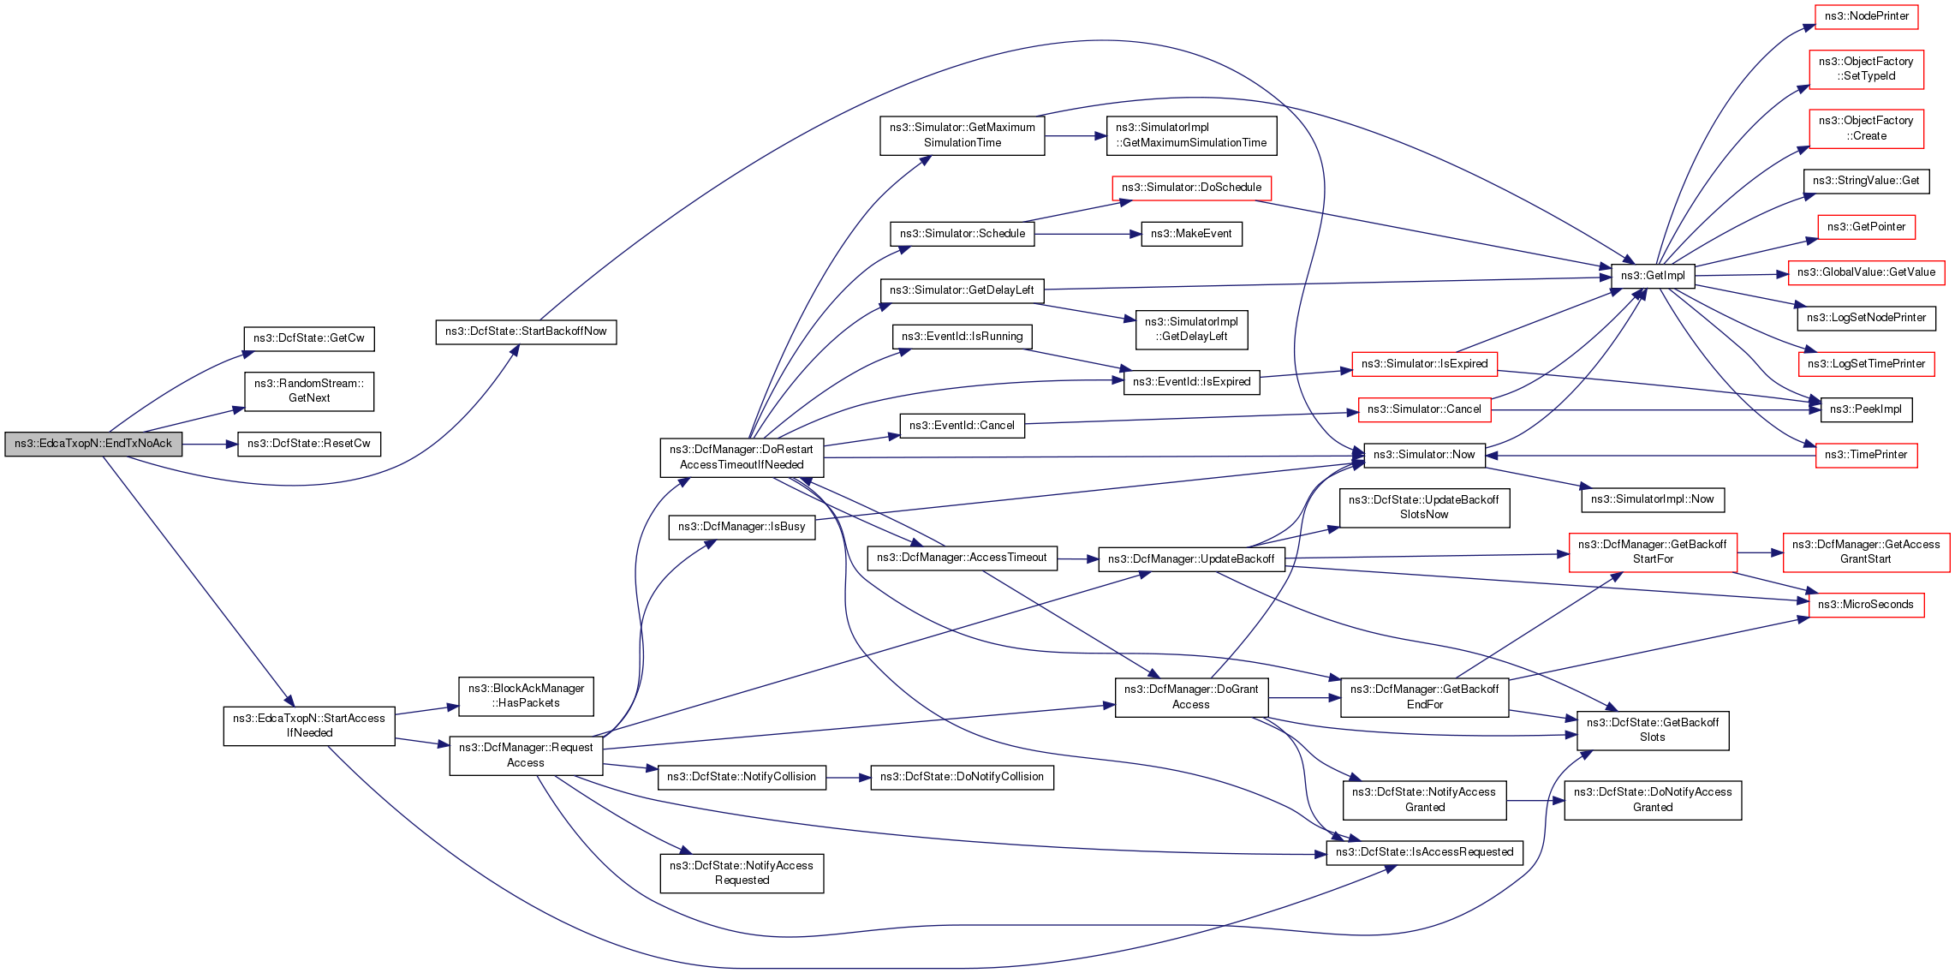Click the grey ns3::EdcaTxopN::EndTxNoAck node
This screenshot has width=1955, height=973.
[x=93, y=444]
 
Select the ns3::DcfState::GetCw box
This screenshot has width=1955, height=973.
[x=308, y=338]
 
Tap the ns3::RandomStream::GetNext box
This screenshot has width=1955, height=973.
[x=308, y=391]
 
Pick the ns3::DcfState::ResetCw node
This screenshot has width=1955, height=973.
[x=308, y=444]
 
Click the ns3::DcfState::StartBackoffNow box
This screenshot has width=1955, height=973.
[x=526, y=331]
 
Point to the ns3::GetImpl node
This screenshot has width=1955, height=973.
[x=1653, y=276]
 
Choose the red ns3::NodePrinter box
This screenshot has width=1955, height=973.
[x=1866, y=16]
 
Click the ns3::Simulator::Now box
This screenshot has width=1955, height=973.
[x=1424, y=455]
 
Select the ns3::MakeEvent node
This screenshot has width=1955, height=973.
[x=1191, y=234]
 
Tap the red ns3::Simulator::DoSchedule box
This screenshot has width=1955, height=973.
[x=1191, y=188]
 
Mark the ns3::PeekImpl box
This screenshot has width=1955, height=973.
[x=1865, y=409]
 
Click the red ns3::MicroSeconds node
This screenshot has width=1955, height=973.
[x=1865, y=605]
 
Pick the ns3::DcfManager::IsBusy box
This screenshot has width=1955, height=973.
[x=742, y=527]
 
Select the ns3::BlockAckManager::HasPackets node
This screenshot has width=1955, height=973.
[x=526, y=695]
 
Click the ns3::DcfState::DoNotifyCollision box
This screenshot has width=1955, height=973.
[x=962, y=777]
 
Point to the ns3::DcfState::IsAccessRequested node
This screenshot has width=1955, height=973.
[x=1424, y=852]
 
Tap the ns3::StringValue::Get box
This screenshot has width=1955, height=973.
[x=1865, y=181]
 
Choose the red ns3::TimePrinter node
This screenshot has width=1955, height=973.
[x=1865, y=455]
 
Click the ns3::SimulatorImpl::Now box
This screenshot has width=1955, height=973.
[x=1652, y=499]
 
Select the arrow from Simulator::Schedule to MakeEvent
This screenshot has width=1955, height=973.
[x=1088, y=234]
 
